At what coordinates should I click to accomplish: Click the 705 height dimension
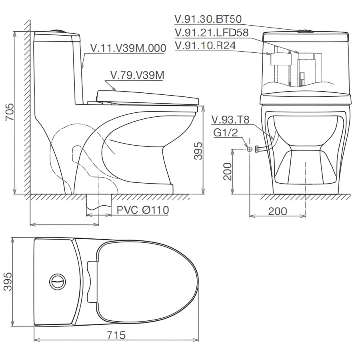click(x=9, y=112)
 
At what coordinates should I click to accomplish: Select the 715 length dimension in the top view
click(x=116, y=335)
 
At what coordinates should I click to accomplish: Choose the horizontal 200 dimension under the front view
click(x=277, y=211)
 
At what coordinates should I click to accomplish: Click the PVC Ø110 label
click(x=143, y=210)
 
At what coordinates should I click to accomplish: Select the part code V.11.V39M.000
click(x=128, y=48)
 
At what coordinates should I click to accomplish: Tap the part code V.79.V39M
click(x=136, y=75)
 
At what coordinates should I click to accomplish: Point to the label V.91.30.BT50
click(x=208, y=19)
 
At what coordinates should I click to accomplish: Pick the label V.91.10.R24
click(x=205, y=46)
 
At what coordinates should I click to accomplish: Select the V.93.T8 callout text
click(x=230, y=120)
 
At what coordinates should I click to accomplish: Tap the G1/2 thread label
click(x=225, y=133)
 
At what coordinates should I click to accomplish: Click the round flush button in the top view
click(x=57, y=282)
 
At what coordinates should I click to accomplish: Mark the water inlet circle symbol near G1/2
click(x=250, y=149)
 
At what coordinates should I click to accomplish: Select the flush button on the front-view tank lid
click(x=305, y=30)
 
